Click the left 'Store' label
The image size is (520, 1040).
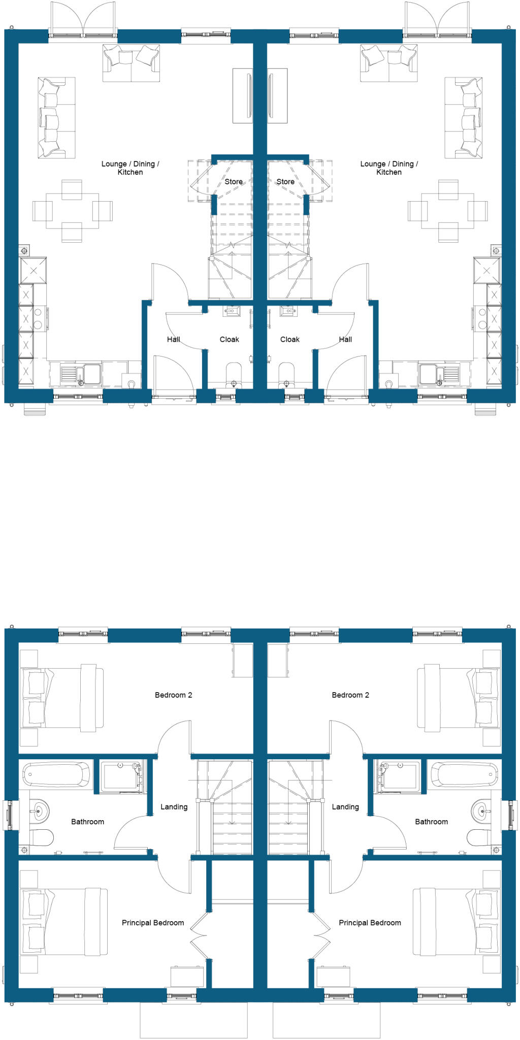pos(234,182)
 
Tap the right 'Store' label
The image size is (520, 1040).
pos(285,182)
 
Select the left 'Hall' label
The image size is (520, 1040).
pos(174,339)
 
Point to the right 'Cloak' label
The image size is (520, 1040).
pos(290,339)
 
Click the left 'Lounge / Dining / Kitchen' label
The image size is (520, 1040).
pos(130,168)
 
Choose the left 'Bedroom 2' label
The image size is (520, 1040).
pos(174,695)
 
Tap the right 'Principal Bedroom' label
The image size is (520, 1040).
pos(370,923)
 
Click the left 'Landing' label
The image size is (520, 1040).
pos(174,806)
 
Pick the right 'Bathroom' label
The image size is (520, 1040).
pos(432,821)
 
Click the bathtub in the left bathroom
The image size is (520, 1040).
pos(56,775)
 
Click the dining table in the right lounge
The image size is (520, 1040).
pos(448,211)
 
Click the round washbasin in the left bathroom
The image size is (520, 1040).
pos(40,811)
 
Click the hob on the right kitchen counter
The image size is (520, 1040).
pos(481,318)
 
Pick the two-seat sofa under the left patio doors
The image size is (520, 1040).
pos(132,63)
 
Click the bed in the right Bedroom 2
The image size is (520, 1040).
pos(454,697)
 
